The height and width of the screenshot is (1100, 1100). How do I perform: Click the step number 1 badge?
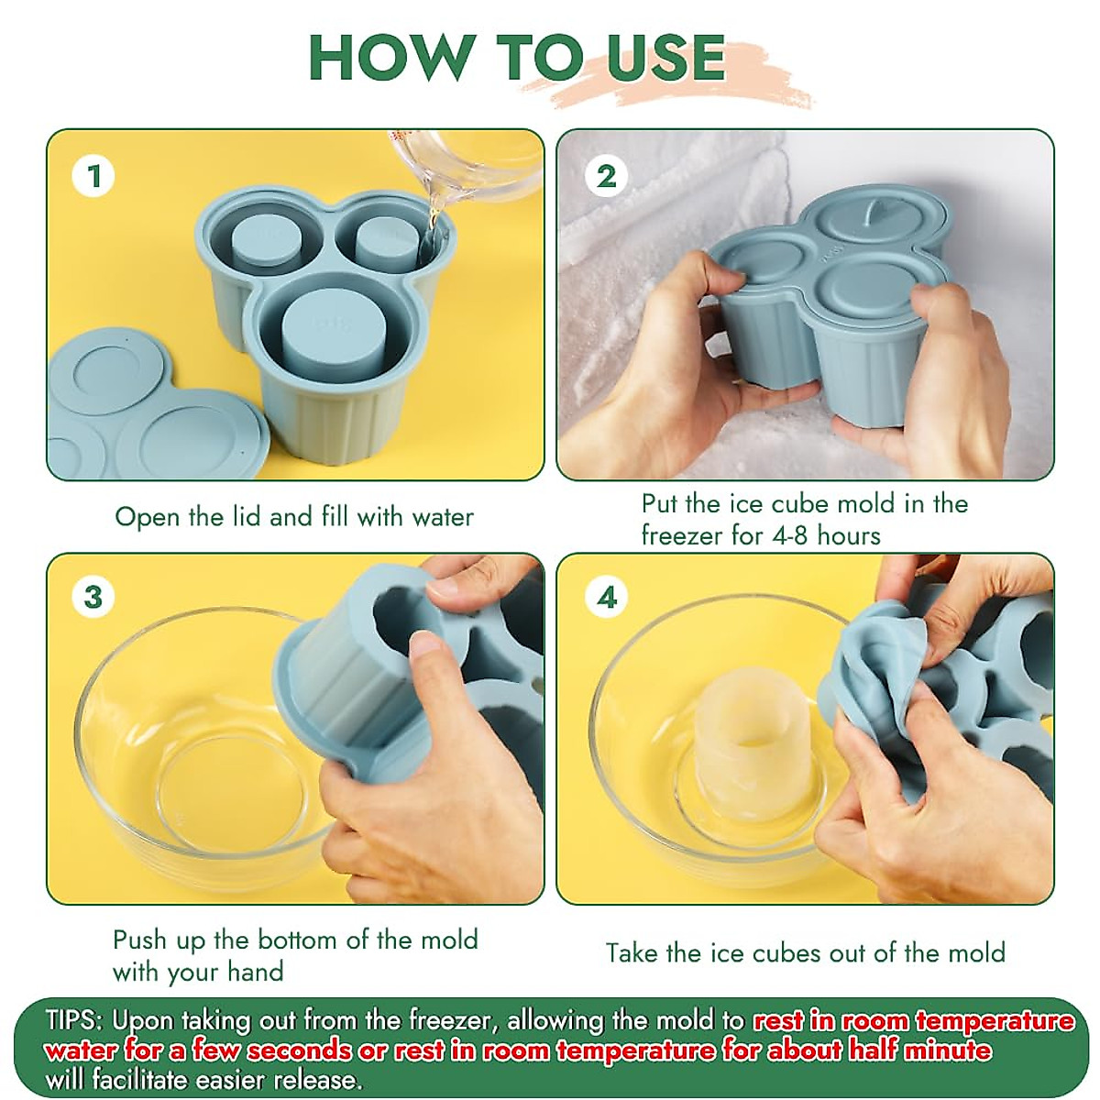click(93, 176)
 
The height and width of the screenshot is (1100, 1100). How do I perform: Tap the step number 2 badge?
click(606, 176)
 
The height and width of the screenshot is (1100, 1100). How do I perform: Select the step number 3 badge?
click(93, 598)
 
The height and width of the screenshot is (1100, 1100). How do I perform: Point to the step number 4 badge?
click(606, 598)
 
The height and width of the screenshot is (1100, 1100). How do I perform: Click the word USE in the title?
click(665, 59)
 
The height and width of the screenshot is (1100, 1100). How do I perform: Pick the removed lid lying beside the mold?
click(154, 408)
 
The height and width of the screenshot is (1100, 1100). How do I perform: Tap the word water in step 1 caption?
click(443, 517)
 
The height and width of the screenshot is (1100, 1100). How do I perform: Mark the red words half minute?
click(919, 1050)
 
